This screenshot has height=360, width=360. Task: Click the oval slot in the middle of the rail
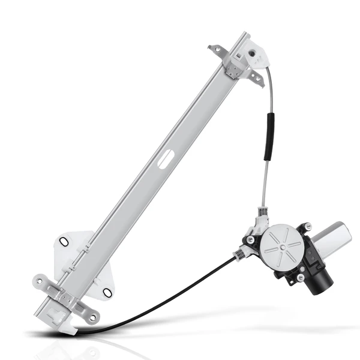tap(166, 158)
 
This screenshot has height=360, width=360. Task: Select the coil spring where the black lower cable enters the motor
tap(239, 254)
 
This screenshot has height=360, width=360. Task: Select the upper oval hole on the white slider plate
tap(64, 242)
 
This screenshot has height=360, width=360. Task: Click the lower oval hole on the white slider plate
tap(107, 292)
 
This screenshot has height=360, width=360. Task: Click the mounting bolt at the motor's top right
tap(308, 226)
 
